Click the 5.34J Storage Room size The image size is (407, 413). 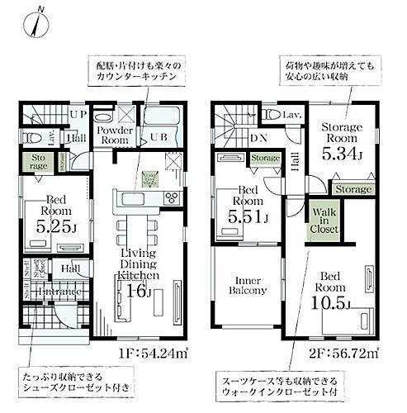339,151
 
